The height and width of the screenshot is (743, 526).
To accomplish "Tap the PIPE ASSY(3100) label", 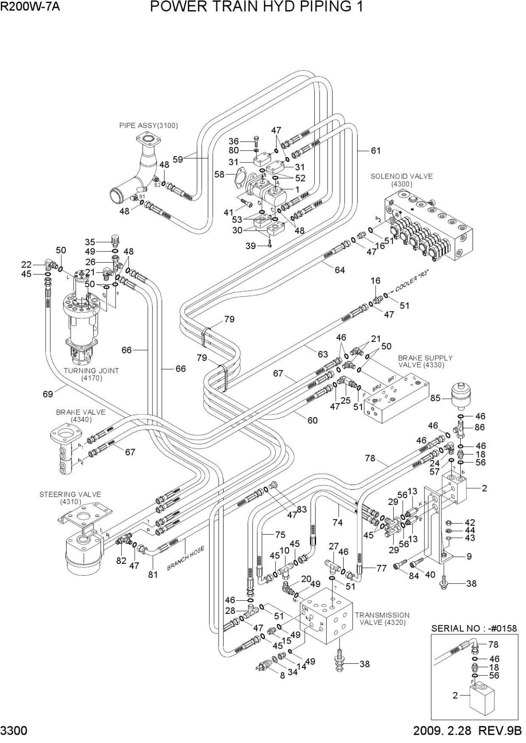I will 149,126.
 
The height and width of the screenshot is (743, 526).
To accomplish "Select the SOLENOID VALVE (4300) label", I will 402,180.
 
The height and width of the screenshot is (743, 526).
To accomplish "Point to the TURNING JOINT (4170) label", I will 91,374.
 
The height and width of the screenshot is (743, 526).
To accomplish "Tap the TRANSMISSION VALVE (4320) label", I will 382,619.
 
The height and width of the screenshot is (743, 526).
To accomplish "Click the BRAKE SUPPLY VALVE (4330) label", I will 425,361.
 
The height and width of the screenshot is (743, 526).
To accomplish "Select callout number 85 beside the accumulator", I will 435,398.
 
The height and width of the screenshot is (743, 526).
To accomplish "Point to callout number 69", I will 48,394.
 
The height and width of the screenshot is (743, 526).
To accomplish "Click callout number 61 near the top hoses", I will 375,151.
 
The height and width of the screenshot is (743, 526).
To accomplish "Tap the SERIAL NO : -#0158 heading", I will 474,628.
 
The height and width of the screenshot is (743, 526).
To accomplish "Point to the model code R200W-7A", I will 30,7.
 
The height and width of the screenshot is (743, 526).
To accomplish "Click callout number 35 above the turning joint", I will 90,242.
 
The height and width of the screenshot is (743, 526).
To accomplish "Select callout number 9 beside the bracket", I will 469,557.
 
